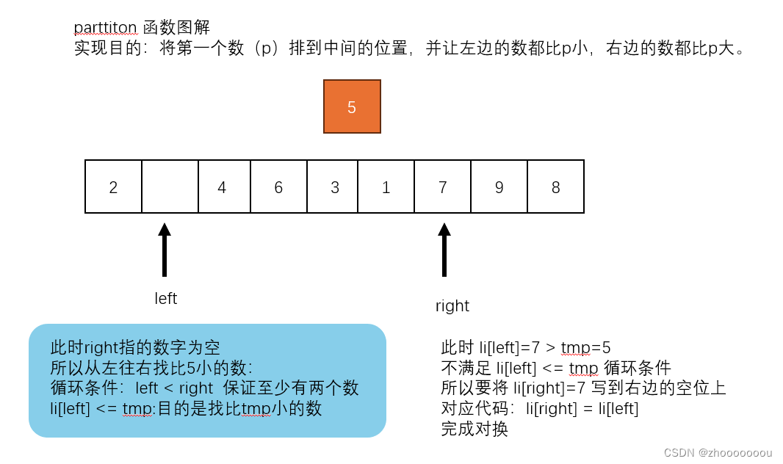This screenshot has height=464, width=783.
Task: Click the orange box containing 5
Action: [x=352, y=106]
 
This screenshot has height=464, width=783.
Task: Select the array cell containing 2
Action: [x=113, y=187]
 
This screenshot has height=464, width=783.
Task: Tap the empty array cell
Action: [x=170, y=187]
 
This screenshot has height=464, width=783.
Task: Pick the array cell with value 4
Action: [x=222, y=187]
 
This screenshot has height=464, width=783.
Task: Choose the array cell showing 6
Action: [x=278, y=187]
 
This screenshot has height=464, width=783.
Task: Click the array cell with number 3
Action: [x=335, y=187]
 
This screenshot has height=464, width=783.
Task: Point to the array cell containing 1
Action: [x=386, y=187]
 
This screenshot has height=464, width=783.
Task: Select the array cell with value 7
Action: [x=442, y=187]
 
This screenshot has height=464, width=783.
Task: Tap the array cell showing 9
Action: [x=499, y=187]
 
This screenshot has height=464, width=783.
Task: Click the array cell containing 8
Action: [x=555, y=187]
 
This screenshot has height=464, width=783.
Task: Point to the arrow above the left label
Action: [x=165, y=250]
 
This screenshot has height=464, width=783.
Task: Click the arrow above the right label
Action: [x=444, y=250]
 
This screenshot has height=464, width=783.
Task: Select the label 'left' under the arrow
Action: [x=166, y=299]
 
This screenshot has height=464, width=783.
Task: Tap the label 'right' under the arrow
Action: [x=452, y=306]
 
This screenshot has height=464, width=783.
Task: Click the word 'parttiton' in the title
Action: [x=106, y=28]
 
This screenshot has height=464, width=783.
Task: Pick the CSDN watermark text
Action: [x=718, y=452]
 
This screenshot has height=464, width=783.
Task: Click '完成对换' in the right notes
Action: [x=474, y=429]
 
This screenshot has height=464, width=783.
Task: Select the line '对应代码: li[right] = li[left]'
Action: [x=539, y=409]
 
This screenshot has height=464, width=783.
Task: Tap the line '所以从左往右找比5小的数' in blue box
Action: [x=151, y=368]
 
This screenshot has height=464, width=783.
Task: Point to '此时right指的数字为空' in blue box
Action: [x=135, y=347]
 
